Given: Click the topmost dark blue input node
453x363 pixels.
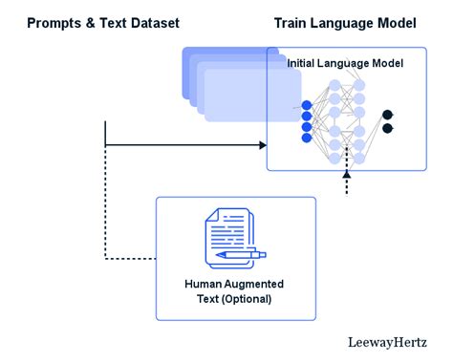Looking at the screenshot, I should [x=307, y=104].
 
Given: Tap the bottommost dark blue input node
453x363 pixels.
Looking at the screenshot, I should [x=307, y=138].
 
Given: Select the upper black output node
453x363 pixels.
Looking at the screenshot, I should [x=387, y=115].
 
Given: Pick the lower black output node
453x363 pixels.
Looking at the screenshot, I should [x=387, y=128].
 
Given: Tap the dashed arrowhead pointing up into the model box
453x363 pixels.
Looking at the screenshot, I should [x=346, y=176].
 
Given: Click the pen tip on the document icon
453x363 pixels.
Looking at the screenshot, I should [x=220, y=256].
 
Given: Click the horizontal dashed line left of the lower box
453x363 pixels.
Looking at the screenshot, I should [x=129, y=258].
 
